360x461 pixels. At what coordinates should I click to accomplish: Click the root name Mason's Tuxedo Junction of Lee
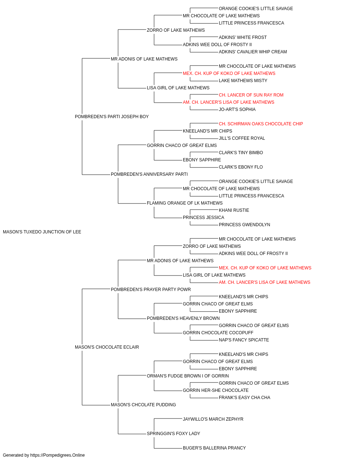pyautogui.click(x=42, y=232)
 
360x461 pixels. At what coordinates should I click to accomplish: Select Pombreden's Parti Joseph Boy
pyautogui.click(x=112, y=117)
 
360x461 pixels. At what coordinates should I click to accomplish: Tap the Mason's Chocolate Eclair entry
pyautogui.click(x=107, y=347)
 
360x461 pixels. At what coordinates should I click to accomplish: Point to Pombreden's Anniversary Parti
pyautogui.click(x=149, y=174)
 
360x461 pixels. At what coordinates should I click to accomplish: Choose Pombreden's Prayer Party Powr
pyautogui.click(x=151, y=289)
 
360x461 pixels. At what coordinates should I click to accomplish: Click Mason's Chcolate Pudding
pyautogui.click(x=143, y=404)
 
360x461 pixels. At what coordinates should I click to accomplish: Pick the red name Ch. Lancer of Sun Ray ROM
pyautogui.click(x=251, y=95)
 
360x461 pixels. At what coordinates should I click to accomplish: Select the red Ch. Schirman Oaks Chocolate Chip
pyautogui.click(x=261, y=124)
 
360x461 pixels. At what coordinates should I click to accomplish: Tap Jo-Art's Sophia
pyautogui.click(x=237, y=109)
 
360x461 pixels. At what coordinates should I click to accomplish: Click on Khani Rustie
pyautogui.click(x=234, y=210)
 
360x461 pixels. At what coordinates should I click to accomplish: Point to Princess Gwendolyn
pyautogui.click(x=244, y=225)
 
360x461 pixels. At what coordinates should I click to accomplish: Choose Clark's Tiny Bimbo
pyautogui.click(x=241, y=153)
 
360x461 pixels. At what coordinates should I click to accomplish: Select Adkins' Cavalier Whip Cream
pyautogui.click(x=253, y=52)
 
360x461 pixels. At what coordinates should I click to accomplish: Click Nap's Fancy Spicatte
pyautogui.click(x=244, y=340)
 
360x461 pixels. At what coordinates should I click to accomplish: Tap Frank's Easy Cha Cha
pyautogui.click(x=244, y=398)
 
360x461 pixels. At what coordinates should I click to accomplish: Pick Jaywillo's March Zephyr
pyautogui.click(x=213, y=419)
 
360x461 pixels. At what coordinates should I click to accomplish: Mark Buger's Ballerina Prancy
pyautogui.click(x=214, y=448)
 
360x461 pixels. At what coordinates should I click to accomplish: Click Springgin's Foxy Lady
pyautogui.click(x=174, y=433)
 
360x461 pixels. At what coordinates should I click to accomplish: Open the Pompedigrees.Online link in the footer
pyautogui.click(x=58, y=455)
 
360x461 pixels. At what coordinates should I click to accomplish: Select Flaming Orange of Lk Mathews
pyautogui.click(x=185, y=203)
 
